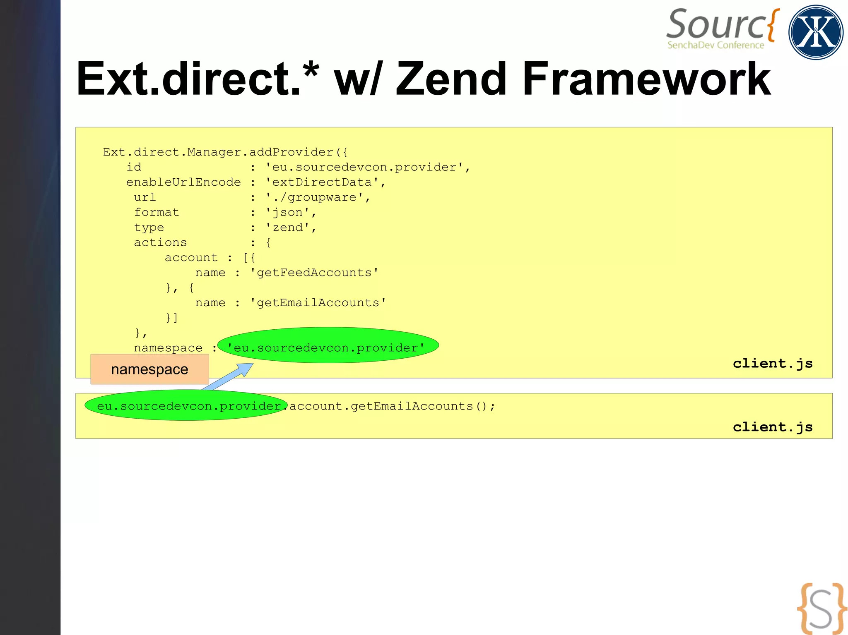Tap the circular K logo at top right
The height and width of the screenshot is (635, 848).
(x=816, y=32)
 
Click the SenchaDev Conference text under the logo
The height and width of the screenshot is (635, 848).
(x=715, y=45)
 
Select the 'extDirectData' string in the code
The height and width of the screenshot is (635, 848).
(x=322, y=182)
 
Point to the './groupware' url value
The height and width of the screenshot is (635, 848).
(x=315, y=197)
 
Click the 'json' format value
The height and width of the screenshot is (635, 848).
(x=288, y=213)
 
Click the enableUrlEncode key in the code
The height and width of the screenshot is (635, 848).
(x=183, y=182)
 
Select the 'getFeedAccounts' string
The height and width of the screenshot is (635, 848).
(x=314, y=273)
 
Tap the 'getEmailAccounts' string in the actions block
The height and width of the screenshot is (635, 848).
(x=318, y=303)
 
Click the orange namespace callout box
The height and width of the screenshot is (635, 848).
(x=149, y=369)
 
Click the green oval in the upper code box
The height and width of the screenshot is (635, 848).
(x=328, y=345)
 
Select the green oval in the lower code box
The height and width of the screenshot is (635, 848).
(x=186, y=405)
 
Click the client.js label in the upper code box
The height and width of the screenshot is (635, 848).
(x=773, y=363)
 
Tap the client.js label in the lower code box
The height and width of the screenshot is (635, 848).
(x=773, y=427)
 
